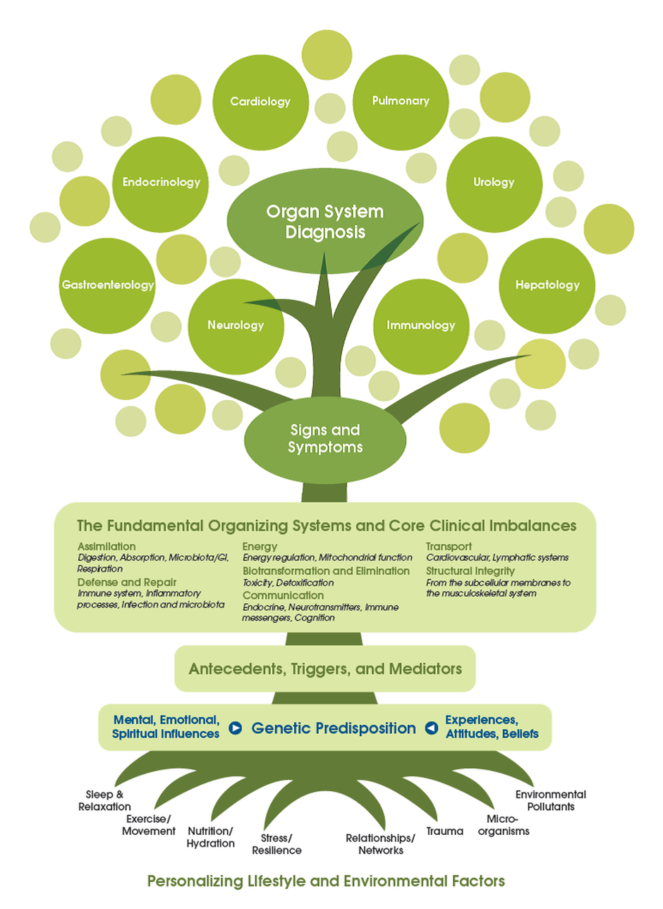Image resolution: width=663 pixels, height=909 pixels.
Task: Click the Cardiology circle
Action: pyautogui.click(x=260, y=102)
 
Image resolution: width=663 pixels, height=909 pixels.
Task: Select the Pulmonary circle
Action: pyautogui.click(x=401, y=101)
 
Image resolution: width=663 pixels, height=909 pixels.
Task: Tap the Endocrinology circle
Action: pyautogui.click(x=161, y=182)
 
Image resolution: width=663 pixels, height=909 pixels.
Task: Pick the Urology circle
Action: pyautogui.click(x=494, y=182)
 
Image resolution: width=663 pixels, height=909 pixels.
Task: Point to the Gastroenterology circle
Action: pyautogui.click(x=107, y=286)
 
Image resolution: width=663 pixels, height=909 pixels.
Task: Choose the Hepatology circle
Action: pyautogui.click(x=547, y=286)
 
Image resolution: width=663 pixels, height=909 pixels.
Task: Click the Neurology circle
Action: pyautogui.click(x=236, y=325)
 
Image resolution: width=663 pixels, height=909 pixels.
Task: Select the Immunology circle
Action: pyautogui.click(x=421, y=325)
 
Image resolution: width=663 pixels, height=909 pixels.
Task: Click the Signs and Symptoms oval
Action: pyautogui.click(x=325, y=438)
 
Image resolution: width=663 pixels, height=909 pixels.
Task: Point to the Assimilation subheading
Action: pyautogui.click(x=107, y=546)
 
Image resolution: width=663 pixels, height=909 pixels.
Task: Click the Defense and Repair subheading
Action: pyautogui.click(x=116, y=582)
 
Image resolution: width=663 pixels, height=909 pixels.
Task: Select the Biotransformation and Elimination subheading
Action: pyautogui.click(x=326, y=570)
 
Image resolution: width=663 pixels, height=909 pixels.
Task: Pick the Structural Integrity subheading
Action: pyautogui.click(x=470, y=570)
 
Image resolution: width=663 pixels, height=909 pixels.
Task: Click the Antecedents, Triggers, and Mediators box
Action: pyautogui.click(x=325, y=668)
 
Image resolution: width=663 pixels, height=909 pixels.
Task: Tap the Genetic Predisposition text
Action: pyautogui.click(x=334, y=728)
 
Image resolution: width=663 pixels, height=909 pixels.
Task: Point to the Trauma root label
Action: pyautogui.click(x=445, y=831)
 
